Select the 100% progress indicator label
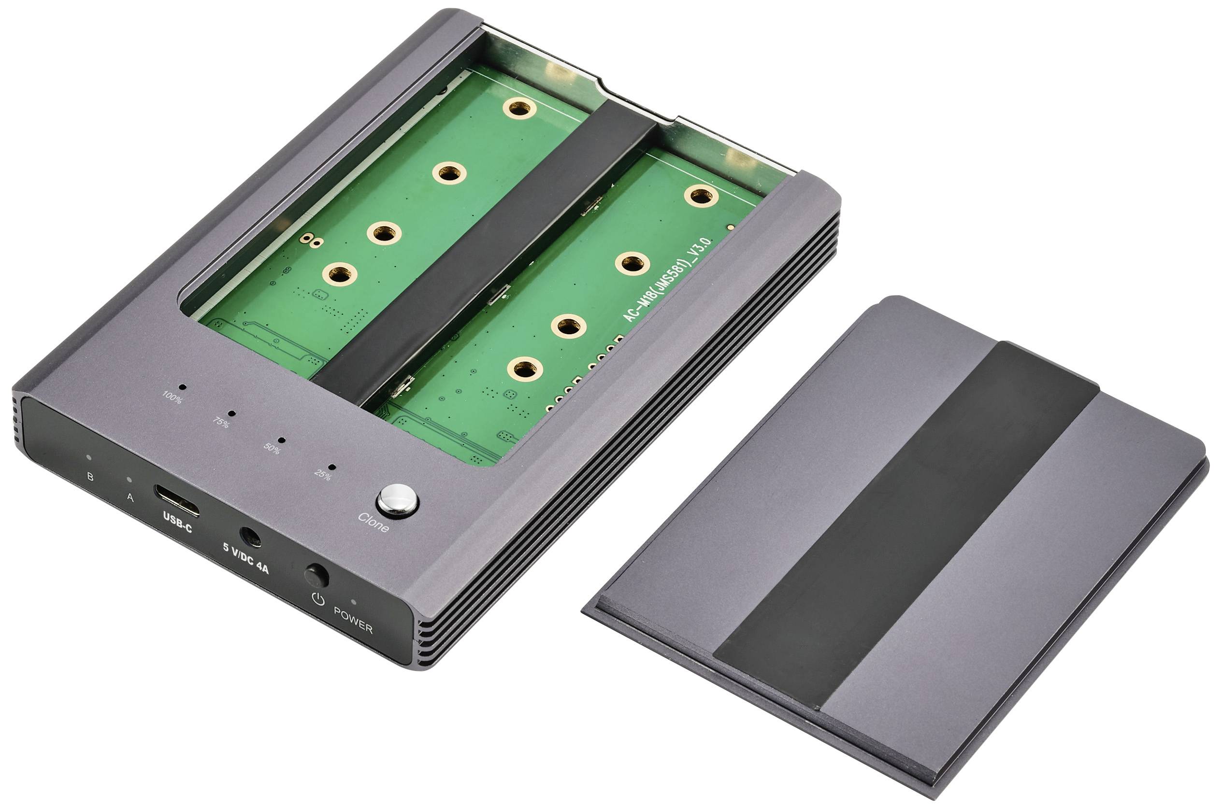click(x=172, y=398)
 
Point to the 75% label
click(x=221, y=424)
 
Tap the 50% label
click(x=272, y=449)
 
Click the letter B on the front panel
click(x=90, y=477)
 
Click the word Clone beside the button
click(x=374, y=522)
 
